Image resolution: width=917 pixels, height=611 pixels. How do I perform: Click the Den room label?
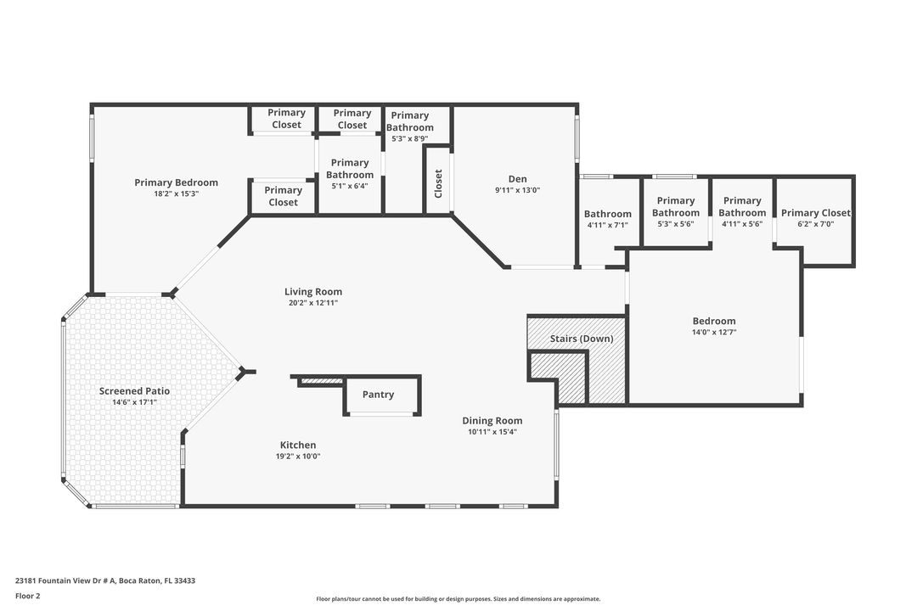517,179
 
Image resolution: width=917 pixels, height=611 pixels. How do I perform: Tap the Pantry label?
378,395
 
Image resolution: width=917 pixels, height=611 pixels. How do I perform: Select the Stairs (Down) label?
582,339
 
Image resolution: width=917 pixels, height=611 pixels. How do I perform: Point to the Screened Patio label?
134,391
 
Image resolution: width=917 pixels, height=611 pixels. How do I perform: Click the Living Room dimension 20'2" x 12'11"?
313,303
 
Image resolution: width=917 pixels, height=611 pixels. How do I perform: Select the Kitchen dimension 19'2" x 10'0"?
298,456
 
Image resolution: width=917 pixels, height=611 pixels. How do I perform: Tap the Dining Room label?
492,421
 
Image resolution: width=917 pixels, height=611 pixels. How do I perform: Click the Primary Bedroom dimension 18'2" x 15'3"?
176,193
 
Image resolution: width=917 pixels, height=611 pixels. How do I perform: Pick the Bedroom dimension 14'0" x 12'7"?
714,332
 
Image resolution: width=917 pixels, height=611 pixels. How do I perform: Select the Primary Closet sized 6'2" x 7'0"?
815,213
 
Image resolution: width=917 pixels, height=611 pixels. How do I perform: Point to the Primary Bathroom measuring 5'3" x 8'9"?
409,121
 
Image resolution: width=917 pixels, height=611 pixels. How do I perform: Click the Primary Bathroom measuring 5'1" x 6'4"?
350,168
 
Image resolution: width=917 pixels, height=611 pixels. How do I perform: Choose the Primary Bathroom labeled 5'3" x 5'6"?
676,207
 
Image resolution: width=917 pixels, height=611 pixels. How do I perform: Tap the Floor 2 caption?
27,596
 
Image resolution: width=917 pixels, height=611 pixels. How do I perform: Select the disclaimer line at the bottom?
458,599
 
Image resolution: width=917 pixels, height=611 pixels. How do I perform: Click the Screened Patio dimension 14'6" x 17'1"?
134,402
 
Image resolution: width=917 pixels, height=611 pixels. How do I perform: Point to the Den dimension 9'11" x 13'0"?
517,190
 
